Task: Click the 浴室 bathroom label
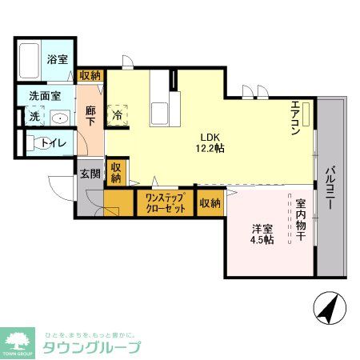[x=57, y=59]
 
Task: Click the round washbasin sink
[x=59, y=118]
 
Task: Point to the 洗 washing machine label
[x=34, y=117]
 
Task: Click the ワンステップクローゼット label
[x=165, y=203]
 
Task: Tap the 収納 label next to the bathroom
[x=90, y=75]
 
